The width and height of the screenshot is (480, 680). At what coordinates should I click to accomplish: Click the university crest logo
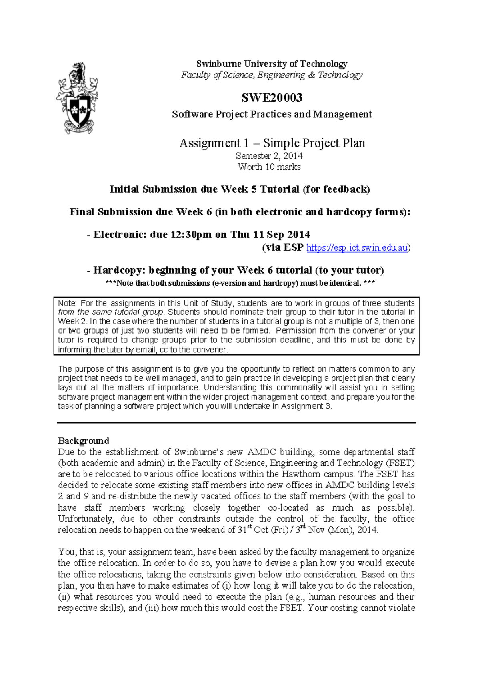coord(77,98)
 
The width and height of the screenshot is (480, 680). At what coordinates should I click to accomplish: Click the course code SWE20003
coord(272,97)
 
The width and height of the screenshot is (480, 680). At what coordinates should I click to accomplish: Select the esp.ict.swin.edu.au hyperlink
coord(357,248)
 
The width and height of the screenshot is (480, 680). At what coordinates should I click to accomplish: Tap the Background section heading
coord(84,441)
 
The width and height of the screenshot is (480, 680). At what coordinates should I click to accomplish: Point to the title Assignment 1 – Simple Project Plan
coord(272,143)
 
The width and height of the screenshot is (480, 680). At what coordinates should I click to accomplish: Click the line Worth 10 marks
coord(269,167)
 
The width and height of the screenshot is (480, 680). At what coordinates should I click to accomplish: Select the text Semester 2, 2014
coord(269,156)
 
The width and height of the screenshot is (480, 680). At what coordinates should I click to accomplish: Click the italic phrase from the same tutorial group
coord(111,312)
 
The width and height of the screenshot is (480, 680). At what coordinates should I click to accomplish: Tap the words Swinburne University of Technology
coord(272,64)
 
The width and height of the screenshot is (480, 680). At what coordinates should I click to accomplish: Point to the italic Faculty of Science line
coord(272,75)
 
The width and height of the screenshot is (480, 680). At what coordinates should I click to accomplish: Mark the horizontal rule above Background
coord(236,423)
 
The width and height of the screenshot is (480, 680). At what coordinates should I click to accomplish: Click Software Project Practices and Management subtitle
coord(272,115)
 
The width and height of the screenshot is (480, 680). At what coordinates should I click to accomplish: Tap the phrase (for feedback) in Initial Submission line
coord(336,189)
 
